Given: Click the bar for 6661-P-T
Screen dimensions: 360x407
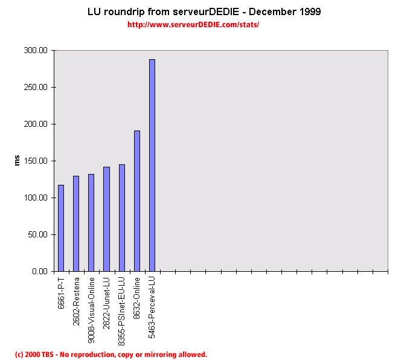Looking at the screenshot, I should [61, 228].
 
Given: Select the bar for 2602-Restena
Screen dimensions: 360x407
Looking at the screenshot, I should [76, 223].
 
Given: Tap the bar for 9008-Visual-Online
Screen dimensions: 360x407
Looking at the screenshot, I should [91, 223].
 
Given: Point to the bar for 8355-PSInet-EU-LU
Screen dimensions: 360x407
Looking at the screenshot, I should [121, 218].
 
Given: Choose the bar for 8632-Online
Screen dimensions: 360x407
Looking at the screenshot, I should [136, 201].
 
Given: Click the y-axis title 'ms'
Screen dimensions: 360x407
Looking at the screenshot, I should [17, 160].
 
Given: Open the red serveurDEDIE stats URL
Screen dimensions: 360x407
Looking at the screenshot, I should [193, 25].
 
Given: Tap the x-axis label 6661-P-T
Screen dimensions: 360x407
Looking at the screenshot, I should [62, 293].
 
